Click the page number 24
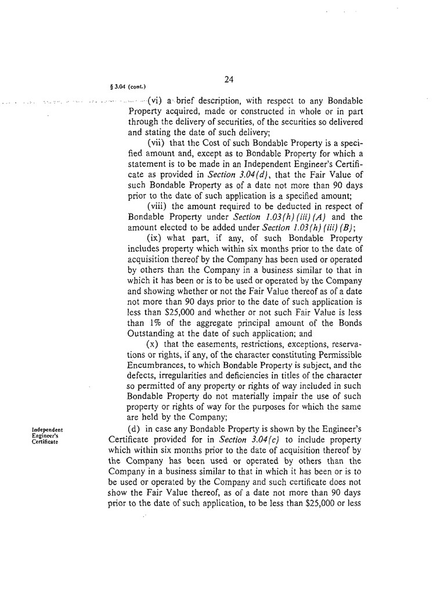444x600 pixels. pos(228,79)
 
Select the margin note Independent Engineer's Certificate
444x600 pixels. pos(48,435)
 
